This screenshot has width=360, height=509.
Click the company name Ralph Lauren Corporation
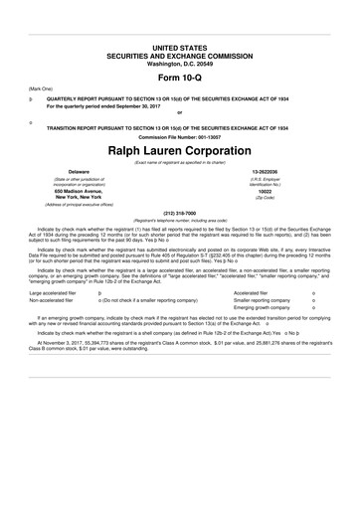coord(180,149)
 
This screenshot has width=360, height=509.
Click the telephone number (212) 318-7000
coord(180,211)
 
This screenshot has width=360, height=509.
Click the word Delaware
coord(65,171)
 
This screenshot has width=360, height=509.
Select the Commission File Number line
coord(180,136)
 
